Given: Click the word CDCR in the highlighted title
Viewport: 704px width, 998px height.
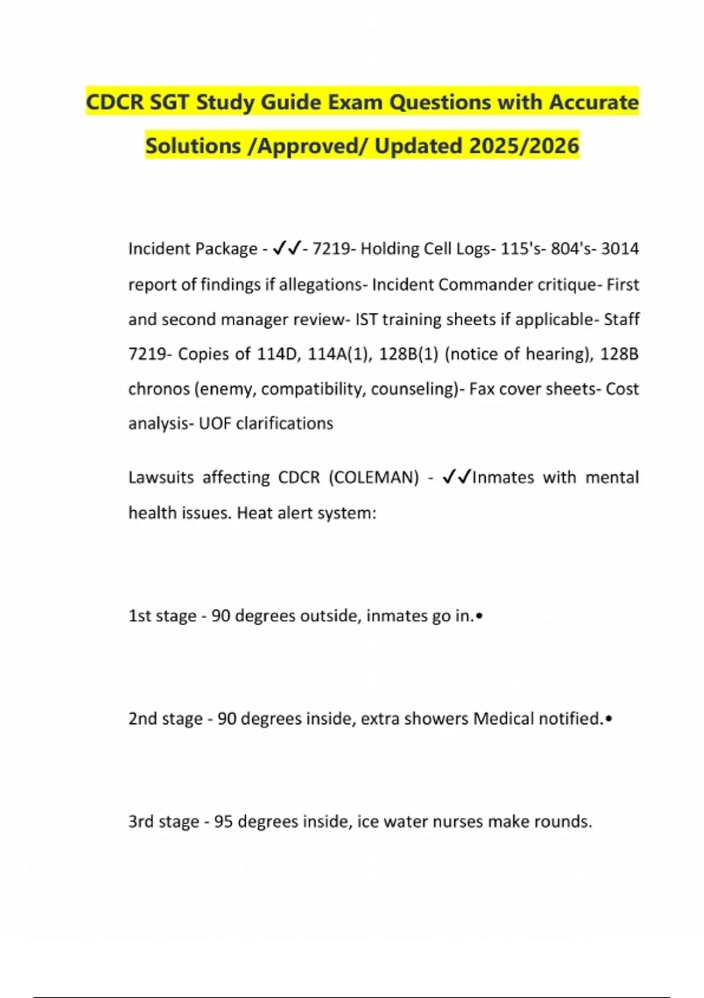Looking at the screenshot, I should click(x=114, y=102).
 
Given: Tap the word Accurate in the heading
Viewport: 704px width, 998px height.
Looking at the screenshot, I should click(x=594, y=102).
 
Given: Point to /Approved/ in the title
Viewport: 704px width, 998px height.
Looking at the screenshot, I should click(x=308, y=146).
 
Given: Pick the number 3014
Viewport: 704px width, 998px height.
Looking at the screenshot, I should click(x=620, y=249).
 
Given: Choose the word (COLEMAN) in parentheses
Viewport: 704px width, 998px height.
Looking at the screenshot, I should click(x=374, y=477).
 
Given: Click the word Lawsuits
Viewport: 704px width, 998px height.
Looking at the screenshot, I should click(x=161, y=477).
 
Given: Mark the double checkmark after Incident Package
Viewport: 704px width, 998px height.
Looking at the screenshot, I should click(x=287, y=249).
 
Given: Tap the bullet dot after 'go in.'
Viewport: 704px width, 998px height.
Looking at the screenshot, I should click(x=479, y=616).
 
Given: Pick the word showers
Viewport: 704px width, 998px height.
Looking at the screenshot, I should click(x=439, y=719).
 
